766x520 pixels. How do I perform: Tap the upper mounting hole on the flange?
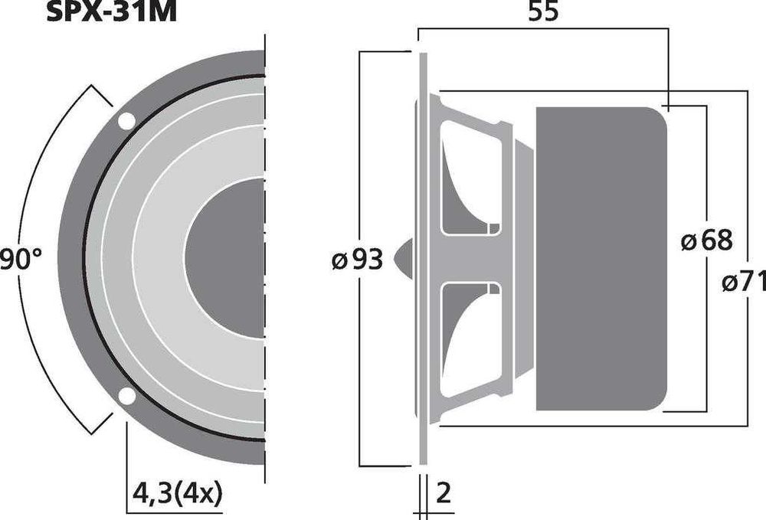[126, 120]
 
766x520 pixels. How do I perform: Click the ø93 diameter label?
[358, 260]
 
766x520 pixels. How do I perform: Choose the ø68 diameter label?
[706, 241]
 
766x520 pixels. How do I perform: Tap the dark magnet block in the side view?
[601, 259]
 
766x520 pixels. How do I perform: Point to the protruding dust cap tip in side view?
[404, 258]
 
